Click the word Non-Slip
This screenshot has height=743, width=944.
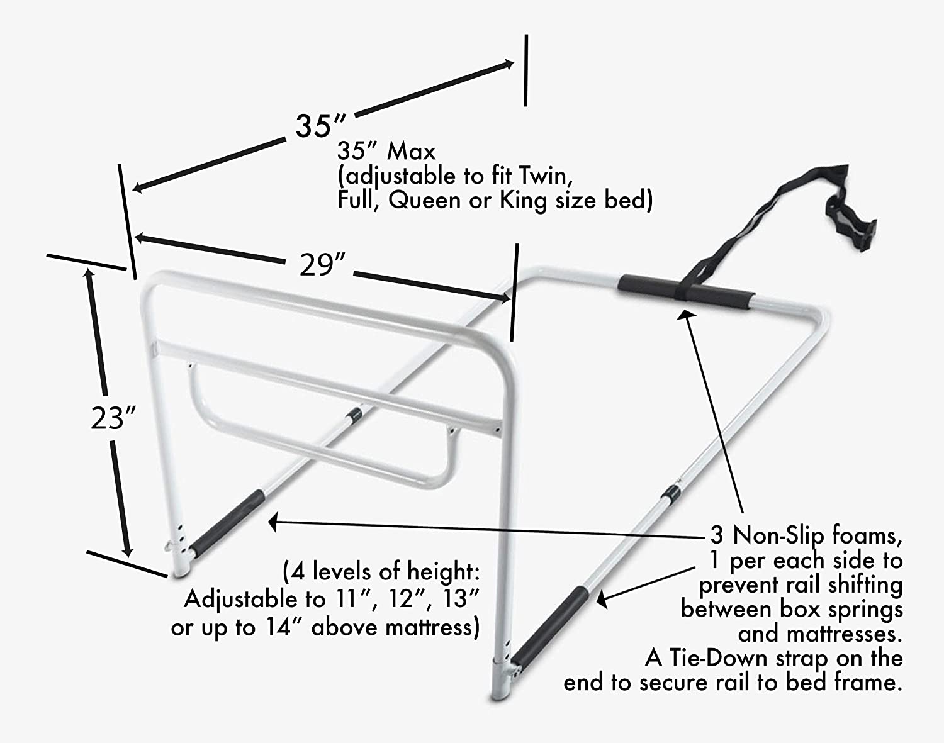click(778, 535)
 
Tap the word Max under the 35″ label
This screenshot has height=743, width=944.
click(411, 151)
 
